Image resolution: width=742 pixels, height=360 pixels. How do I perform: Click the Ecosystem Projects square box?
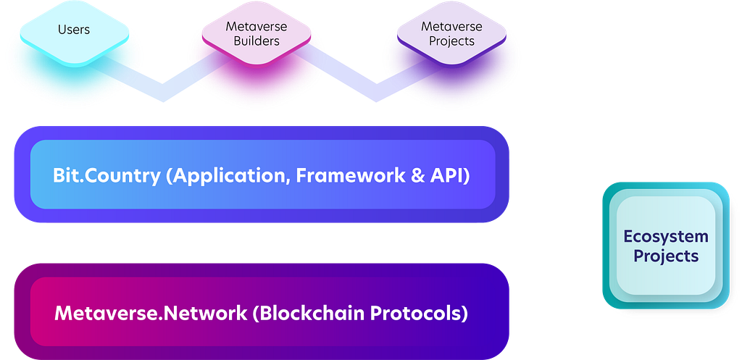666,246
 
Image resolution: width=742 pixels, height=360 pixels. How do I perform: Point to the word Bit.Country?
107,176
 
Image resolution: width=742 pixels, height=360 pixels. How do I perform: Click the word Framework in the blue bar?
351,175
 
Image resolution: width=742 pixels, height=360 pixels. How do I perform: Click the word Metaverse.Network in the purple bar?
151,313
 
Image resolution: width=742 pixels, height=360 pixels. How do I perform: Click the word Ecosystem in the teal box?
666,237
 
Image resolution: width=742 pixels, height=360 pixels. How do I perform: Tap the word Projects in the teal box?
666,256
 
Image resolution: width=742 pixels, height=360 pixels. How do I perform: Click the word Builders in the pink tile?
257,41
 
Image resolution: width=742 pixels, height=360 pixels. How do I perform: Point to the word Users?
74,29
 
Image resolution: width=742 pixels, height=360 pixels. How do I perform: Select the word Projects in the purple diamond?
451,41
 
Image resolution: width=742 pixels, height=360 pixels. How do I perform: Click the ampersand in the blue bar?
418,176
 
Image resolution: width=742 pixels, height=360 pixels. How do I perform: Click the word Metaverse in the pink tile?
257,26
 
